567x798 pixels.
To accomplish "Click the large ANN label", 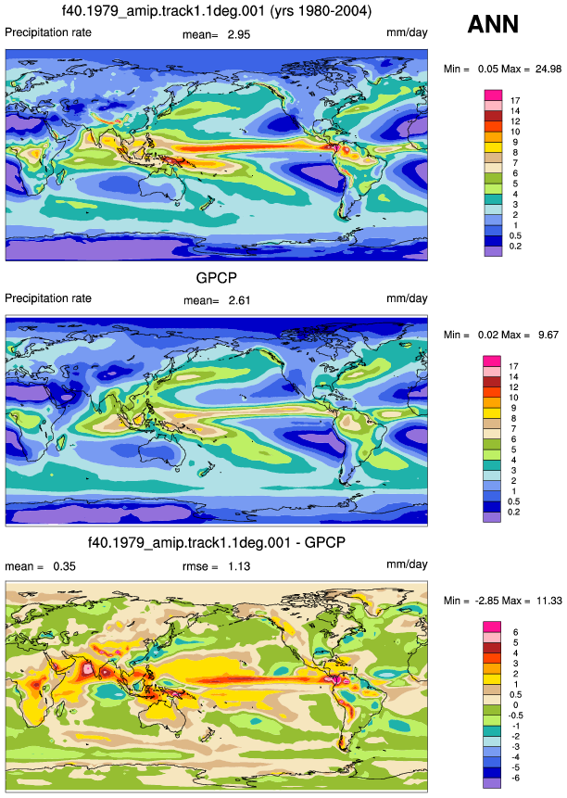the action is click(x=493, y=24).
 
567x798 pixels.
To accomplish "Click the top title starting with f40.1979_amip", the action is click(x=217, y=11).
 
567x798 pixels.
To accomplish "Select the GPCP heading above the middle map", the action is click(x=217, y=278).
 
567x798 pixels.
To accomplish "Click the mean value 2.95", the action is click(x=239, y=34).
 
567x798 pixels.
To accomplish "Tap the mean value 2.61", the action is click(x=239, y=300).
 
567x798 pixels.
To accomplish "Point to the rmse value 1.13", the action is click(x=239, y=566).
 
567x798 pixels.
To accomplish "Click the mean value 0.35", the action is click(x=65, y=566).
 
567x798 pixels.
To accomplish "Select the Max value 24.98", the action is click(x=548, y=69).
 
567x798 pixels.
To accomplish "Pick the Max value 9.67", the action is click(x=548, y=335).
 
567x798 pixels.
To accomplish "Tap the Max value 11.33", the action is click(x=549, y=601).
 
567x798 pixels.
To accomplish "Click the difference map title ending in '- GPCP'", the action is click(x=217, y=542).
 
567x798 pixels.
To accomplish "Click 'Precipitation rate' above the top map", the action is click(x=48, y=32).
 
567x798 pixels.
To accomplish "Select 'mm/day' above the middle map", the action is click(x=407, y=298).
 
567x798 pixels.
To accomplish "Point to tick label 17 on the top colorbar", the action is click(x=515, y=101).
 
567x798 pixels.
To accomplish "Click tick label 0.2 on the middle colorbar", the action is click(x=513, y=512).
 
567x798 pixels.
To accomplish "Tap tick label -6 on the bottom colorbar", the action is click(x=515, y=779).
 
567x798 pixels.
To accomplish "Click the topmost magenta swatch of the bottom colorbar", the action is click(x=492, y=627).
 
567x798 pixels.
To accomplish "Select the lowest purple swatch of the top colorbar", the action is click(x=493, y=251).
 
